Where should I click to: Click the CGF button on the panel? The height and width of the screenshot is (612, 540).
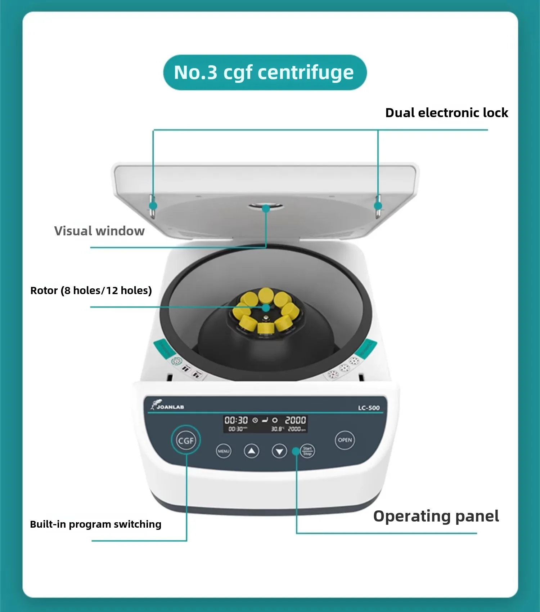coord(186,440)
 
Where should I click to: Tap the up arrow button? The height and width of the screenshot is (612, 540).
coord(251,451)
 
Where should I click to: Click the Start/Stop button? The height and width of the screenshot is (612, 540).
coord(307,451)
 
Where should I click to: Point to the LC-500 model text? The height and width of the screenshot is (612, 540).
coord(369,408)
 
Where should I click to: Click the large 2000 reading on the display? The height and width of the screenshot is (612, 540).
coord(295,420)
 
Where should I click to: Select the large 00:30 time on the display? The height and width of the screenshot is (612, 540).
coord(236,420)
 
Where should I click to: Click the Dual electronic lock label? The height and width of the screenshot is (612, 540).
coord(446,113)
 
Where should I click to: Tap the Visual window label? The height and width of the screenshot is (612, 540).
coord(99,231)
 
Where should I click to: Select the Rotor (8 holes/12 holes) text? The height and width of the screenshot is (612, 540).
coord(91,291)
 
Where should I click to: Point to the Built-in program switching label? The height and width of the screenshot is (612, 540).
coord(95,524)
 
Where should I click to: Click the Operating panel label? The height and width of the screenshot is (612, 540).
coord(436,516)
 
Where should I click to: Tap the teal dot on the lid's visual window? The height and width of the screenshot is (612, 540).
coord(266,208)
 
